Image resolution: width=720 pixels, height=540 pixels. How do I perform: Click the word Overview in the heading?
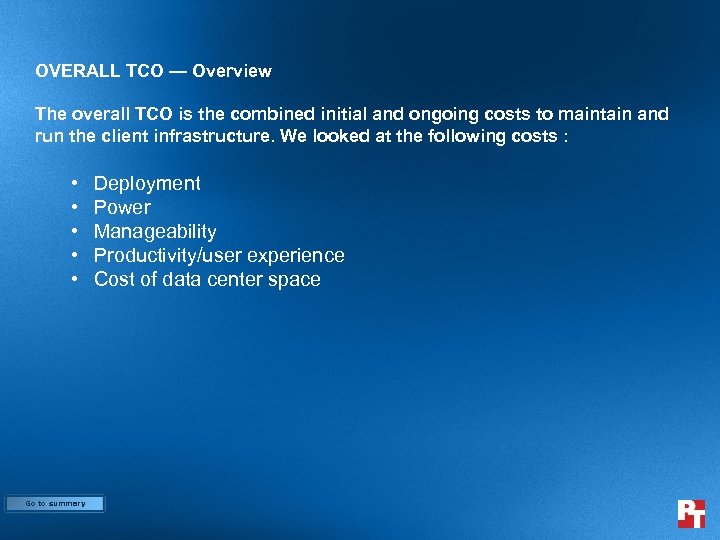pyautogui.click(x=232, y=71)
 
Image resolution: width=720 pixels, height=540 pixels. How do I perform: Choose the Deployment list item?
pyautogui.click(x=147, y=183)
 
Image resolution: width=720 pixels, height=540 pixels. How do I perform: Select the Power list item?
pyautogui.click(x=122, y=207)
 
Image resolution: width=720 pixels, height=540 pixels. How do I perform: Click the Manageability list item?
pyautogui.click(x=155, y=231)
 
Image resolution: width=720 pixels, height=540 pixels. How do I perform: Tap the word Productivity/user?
pyautogui.click(x=170, y=255)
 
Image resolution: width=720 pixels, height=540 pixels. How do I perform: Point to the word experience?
pyautogui.click(x=298, y=255)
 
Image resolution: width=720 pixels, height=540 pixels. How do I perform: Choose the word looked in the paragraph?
pyautogui.click(x=339, y=136)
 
